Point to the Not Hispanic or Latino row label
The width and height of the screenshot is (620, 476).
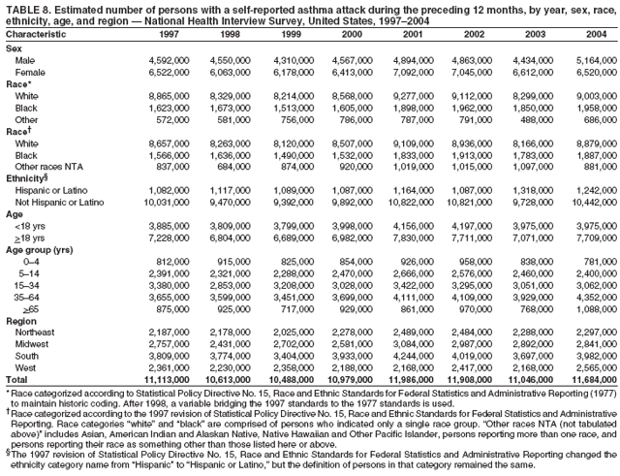[57, 202]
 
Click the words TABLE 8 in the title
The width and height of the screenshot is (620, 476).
[24, 7]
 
